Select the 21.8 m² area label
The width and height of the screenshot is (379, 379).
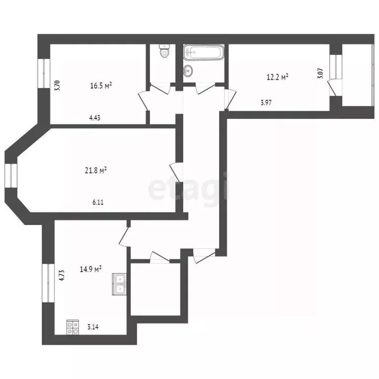[x=96, y=171]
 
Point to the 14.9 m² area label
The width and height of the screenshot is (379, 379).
[x=91, y=269]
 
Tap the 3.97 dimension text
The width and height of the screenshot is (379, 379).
[x=266, y=103]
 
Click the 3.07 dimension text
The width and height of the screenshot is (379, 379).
[x=320, y=75]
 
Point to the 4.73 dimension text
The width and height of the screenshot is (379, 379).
[x=62, y=275]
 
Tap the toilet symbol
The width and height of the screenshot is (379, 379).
[x=164, y=51]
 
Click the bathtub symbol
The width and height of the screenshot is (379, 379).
[x=204, y=52]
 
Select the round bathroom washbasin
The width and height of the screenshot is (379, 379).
[x=188, y=71]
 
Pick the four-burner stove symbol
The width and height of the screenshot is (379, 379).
[x=73, y=327]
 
